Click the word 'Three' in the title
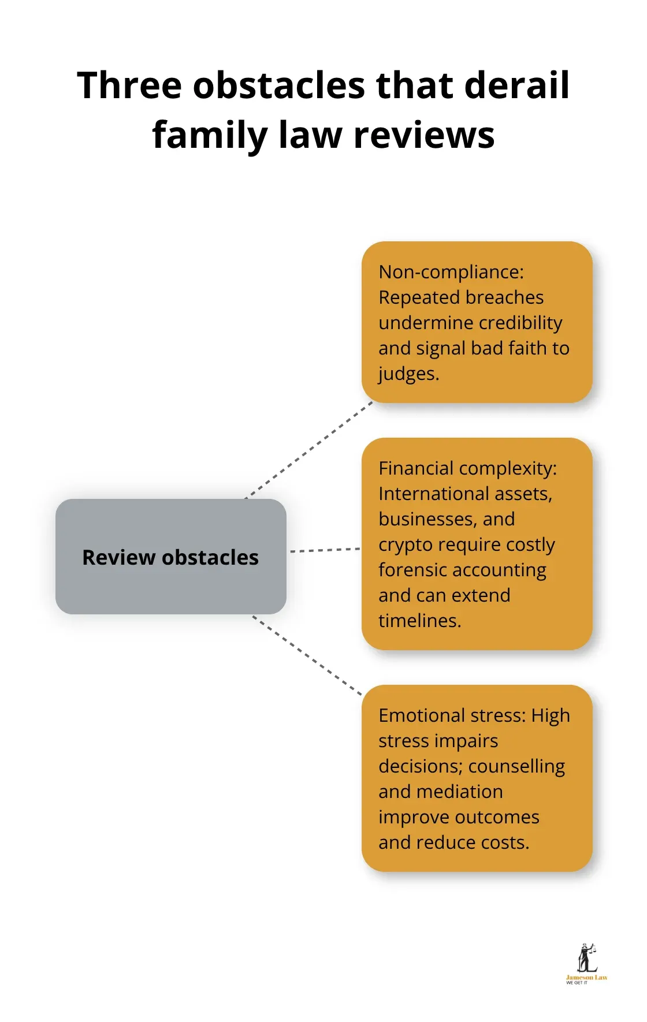point(130,85)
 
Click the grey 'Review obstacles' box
point(170,557)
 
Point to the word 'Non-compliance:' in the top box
point(451,272)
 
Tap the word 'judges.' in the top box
point(409,374)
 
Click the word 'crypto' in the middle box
point(404,544)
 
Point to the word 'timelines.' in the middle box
point(420,621)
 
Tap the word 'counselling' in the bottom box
point(516,766)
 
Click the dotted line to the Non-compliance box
point(309,450)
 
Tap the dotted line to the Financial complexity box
point(325,550)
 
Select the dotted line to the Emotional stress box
point(307,655)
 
